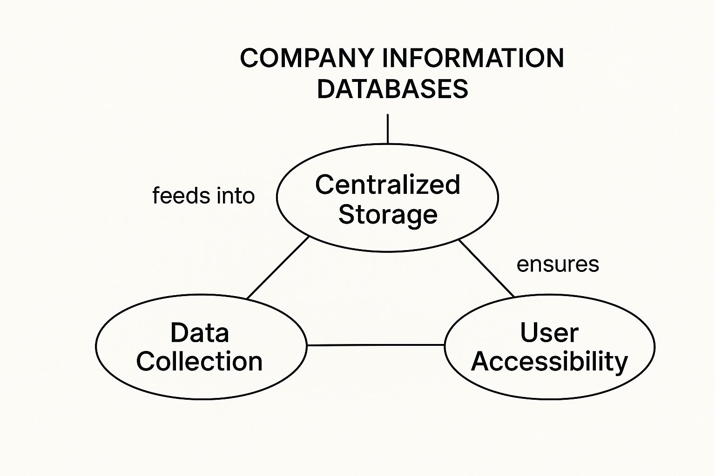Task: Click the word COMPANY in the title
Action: (306, 59)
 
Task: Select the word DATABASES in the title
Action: (392, 89)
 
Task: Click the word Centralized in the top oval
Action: (388, 185)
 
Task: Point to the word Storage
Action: (388, 214)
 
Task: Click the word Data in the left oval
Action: (200, 333)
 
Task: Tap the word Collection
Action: (199, 362)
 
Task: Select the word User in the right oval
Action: (549, 333)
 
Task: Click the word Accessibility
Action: (549, 362)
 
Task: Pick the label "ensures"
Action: (558, 264)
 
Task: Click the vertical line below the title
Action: (388, 129)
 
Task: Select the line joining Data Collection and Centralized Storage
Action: (278, 268)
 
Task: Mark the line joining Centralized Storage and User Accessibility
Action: (486, 268)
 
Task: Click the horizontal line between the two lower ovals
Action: (376, 345)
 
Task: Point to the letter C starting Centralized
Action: (324, 185)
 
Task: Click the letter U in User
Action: (529, 333)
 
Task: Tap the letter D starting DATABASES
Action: (325, 89)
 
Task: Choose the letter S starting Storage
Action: (347, 214)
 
